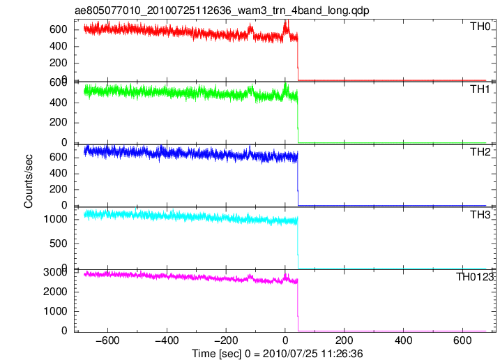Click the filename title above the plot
click(222, 10)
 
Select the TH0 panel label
click(480, 27)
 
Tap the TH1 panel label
click(480, 89)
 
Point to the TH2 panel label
click(480, 152)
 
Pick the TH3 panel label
click(480, 215)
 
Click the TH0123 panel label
click(474, 277)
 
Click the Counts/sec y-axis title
click(29, 181)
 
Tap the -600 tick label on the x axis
click(108, 340)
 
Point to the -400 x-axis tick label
click(167, 340)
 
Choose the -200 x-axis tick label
click(226, 340)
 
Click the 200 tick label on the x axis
click(344, 340)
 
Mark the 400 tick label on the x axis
click(403, 340)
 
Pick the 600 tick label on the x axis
click(462, 340)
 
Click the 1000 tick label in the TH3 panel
click(56, 219)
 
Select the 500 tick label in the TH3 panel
click(59, 243)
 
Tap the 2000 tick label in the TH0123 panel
click(56, 292)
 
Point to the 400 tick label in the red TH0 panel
click(59, 47)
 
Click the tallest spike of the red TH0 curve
click(287, 21)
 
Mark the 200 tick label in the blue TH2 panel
click(59, 190)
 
